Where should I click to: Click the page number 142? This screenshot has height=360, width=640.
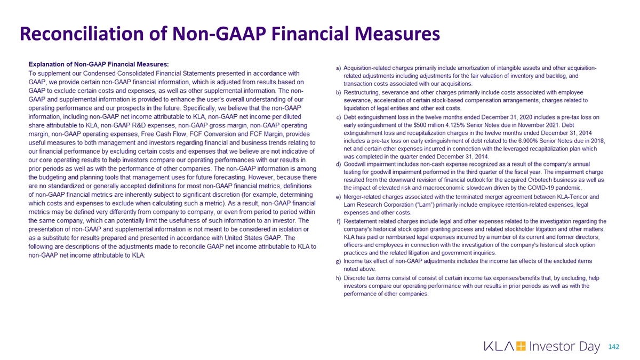pyautogui.click(x=614, y=347)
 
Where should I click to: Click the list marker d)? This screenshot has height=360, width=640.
pyautogui.click(x=339, y=164)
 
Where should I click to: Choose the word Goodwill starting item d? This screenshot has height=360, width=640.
pyautogui.click(x=358, y=164)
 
